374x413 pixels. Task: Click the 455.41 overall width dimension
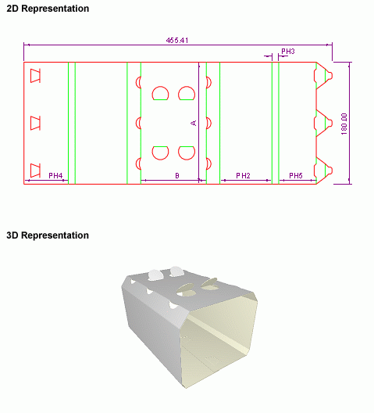coord(177,41)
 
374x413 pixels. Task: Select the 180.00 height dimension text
coord(344,124)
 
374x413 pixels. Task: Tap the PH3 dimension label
coord(288,52)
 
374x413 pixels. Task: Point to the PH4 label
coord(55,175)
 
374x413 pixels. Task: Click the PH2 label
coord(243,175)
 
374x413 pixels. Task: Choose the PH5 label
coord(296,175)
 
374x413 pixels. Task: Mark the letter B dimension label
coord(177,175)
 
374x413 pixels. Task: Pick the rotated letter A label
coord(194,123)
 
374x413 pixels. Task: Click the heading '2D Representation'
coord(48,9)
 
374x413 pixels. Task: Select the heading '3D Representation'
coord(48,235)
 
